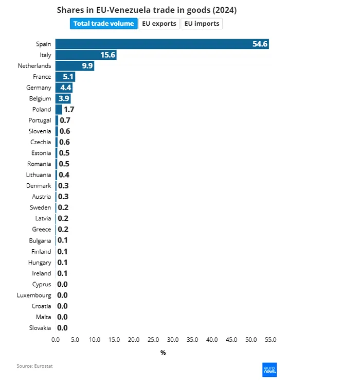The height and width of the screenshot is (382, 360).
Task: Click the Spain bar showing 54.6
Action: coord(162,44)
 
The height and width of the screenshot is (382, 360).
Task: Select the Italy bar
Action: coord(86,55)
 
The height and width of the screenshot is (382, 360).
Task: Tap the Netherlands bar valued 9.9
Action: coord(75,66)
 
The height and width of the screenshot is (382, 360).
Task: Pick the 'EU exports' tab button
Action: coord(159,24)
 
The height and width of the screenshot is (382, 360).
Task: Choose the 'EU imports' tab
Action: coord(202,24)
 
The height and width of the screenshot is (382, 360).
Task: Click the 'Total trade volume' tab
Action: coord(103,24)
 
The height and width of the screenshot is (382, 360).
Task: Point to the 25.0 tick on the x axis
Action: coord(153,340)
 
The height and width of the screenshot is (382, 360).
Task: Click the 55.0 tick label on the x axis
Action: coord(271,340)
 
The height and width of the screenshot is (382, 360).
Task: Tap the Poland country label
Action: coord(42,110)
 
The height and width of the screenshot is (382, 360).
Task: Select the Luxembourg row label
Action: coord(34,296)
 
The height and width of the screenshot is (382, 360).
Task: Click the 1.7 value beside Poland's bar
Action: coord(69,110)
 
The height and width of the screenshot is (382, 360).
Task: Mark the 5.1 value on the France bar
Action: coord(68,77)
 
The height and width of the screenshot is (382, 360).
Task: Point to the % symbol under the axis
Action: coord(163,353)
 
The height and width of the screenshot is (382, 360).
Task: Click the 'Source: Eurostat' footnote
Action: coord(35,366)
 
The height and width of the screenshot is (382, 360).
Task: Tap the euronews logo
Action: coord(270,370)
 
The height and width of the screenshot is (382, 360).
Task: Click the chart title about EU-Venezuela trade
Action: coord(147,10)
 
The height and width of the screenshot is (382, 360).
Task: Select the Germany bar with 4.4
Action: coord(64,88)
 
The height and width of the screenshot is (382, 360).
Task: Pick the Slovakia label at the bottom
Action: coord(40,328)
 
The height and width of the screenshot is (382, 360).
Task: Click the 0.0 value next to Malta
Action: coord(62,317)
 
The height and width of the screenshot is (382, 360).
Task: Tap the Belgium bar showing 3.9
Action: coord(63,98)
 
